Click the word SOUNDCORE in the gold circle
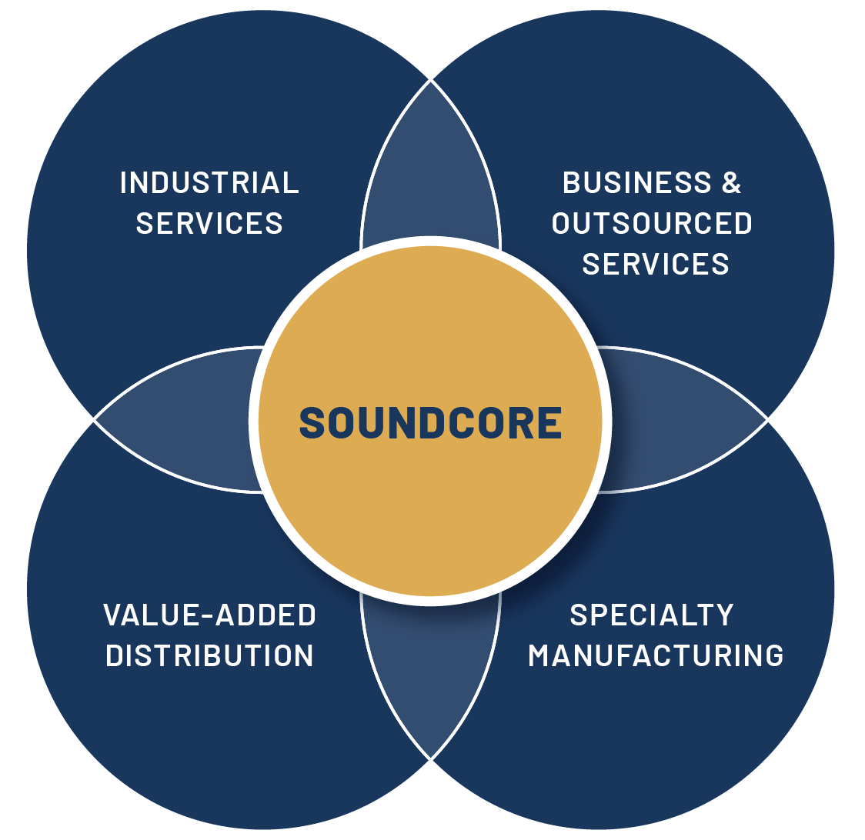click(430, 422)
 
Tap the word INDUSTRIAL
click(209, 183)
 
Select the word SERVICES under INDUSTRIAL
click(209, 223)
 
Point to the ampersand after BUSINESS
click(731, 183)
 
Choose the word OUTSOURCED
click(652, 223)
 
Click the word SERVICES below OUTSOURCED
click(656, 264)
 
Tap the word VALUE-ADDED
click(209, 615)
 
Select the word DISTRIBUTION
click(209, 655)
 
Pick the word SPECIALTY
click(652, 615)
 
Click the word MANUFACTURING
click(656, 655)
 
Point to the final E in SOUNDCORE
click(549, 422)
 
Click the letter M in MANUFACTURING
click(541, 655)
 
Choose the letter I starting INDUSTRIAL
click(123, 183)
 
